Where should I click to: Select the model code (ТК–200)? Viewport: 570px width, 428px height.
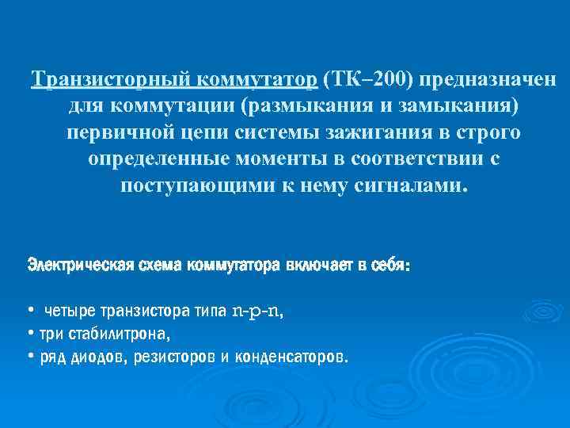click(x=368, y=80)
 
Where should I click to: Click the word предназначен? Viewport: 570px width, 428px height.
click(x=488, y=80)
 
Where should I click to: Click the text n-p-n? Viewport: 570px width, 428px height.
click(x=256, y=311)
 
